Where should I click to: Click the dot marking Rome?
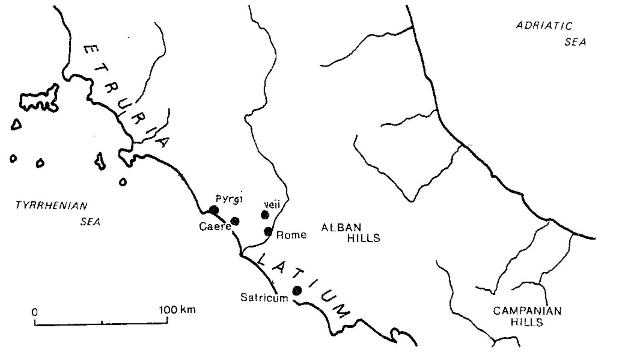coord(268,231)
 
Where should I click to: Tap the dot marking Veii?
coord(265,215)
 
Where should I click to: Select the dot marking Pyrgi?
coord(214,210)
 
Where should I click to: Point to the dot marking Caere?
coord(235,221)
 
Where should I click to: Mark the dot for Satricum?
coord(297,291)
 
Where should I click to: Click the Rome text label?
coord(291,235)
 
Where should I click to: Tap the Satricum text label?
coord(264,298)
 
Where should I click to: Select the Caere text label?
coord(215,227)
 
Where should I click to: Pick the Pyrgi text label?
coord(229,199)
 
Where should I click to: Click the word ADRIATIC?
coord(544,26)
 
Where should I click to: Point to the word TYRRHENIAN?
coord(51,206)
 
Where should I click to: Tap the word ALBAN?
coord(341,227)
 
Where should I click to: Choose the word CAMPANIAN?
coord(527,311)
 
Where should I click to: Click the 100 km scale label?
coord(177,310)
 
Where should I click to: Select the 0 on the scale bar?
coord(35,312)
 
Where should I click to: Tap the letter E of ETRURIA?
coord(91,50)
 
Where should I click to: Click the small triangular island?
coord(16,125)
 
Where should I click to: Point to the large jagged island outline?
coord(39,99)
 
